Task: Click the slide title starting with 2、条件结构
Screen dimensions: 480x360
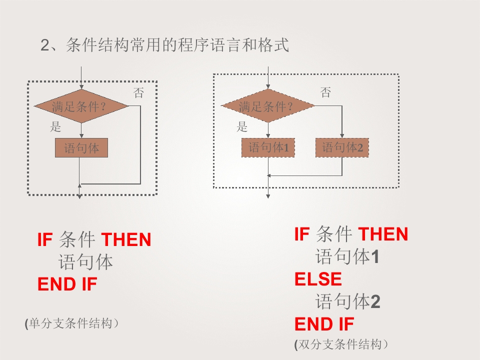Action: point(164,45)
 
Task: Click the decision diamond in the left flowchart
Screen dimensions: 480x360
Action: point(81,106)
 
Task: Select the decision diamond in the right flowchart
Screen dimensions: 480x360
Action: point(268,105)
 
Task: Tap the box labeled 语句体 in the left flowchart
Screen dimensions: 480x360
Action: point(81,148)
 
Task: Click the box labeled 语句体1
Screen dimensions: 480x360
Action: point(268,147)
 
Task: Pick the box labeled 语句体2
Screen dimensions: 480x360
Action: point(342,147)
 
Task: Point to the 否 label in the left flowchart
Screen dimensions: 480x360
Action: point(138,93)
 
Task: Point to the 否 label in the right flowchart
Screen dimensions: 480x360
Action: point(325,92)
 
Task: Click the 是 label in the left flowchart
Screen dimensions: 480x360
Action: point(55,126)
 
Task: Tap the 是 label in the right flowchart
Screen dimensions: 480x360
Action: point(242,126)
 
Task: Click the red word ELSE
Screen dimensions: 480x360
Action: point(318,279)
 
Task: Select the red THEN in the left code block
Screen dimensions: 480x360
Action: point(126,239)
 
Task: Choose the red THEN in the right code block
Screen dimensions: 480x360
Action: point(383,234)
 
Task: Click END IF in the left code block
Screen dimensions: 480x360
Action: point(67,284)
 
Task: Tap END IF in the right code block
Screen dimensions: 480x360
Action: point(324,324)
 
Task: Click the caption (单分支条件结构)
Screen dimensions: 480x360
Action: point(71,323)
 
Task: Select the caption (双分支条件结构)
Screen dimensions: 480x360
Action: point(341,344)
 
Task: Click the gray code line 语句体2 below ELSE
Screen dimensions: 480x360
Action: point(348,301)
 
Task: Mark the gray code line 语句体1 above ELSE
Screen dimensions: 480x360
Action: point(347,256)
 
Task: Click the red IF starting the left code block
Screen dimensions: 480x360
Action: point(45,239)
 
